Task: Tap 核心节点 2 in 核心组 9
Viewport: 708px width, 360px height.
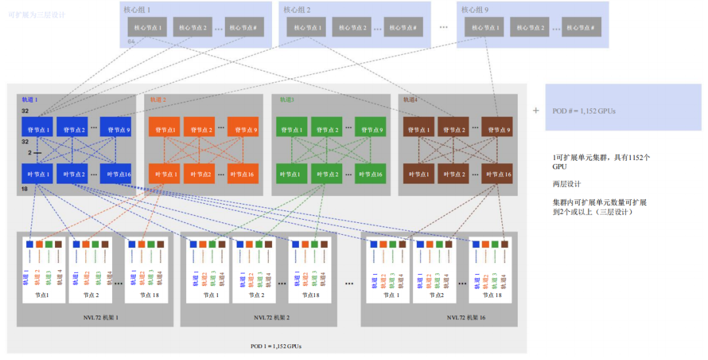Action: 528,28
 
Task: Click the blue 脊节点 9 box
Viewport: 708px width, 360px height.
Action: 115,129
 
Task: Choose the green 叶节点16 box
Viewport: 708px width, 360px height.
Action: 370,174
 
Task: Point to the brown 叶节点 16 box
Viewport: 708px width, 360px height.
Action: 498,174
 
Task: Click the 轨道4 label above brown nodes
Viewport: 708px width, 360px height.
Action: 410,100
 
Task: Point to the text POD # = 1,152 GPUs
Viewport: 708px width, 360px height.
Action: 584,111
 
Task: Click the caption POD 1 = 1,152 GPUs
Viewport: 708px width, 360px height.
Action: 276,346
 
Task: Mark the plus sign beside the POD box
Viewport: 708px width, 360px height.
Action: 536,110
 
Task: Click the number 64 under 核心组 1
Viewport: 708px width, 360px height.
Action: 131,41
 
